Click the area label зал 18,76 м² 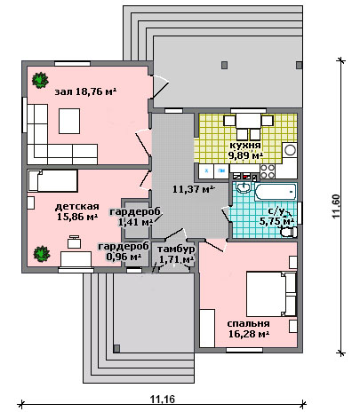(85, 91)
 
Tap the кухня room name (245, 145)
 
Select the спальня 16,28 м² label (249, 329)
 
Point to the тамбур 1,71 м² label (176, 254)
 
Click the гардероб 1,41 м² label (135, 217)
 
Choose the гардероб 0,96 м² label (124, 251)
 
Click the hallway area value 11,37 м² (194, 189)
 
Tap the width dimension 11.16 (163, 400)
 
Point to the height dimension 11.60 (336, 206)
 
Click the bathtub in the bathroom (276, 192)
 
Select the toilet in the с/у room (289, 232)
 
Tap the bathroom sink (244, 187)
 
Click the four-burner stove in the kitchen (268, 171)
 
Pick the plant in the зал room (40, 80)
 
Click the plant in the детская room (42, 254)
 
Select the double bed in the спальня (271, 294)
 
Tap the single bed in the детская (52, 181)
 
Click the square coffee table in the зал (69, 121)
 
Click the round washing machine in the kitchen (290, 150)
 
